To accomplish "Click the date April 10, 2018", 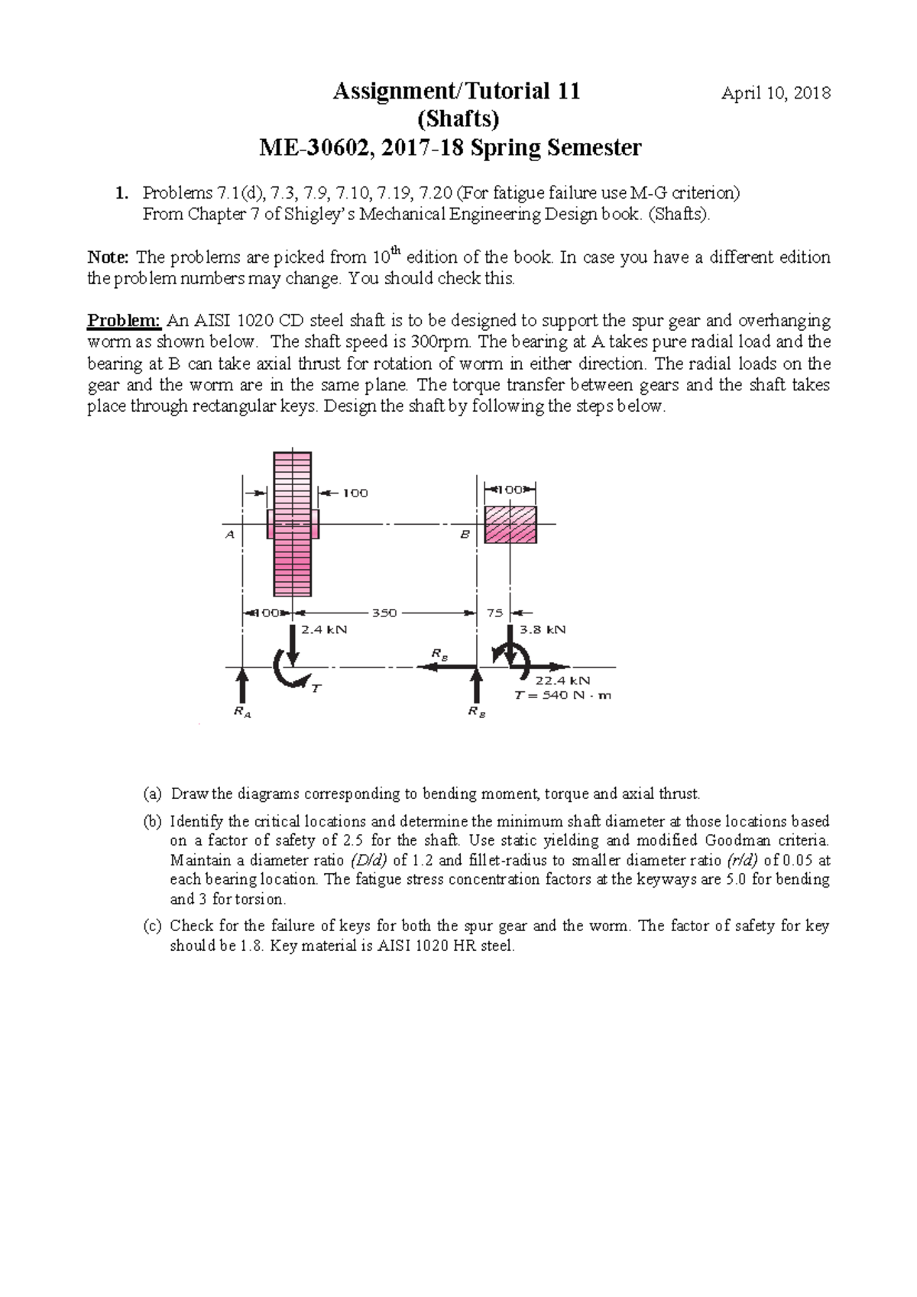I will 776,93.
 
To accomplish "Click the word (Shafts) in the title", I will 457,119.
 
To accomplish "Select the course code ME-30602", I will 316,147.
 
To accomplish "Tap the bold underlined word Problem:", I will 124,320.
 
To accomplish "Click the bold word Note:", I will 109,257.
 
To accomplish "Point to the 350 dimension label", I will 384,613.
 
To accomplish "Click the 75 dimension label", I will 494,613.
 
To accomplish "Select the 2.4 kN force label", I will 324,629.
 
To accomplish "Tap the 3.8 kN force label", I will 543,629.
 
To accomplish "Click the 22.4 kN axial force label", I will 562,680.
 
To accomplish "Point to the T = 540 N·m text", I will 562,695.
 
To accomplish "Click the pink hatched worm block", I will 510,525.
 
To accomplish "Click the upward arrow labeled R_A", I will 242,684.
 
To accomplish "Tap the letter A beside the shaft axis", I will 229,535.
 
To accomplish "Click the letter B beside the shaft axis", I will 464,535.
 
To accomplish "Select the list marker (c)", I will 152,926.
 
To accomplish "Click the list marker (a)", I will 152,794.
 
